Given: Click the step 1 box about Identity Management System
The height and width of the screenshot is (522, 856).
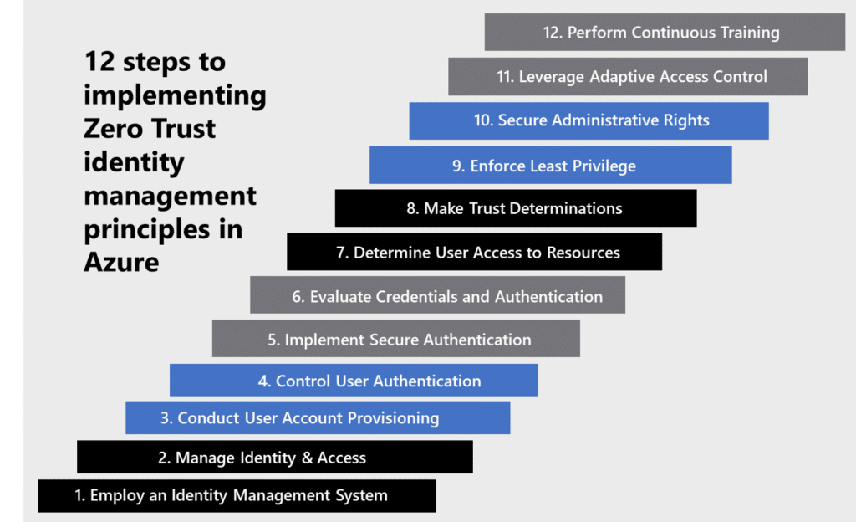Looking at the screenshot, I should tap(237, 495).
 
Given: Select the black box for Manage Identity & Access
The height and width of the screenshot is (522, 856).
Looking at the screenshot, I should tap(274, 458).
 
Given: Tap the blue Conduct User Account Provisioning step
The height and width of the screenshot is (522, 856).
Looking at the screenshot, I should tap(318, 417).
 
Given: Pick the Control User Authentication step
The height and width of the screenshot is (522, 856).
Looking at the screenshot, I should tap(354, 381).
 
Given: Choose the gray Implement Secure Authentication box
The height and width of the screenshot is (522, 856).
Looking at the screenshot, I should tap(395, 340).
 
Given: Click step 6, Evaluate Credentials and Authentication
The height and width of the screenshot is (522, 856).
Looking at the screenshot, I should tap(437, 297).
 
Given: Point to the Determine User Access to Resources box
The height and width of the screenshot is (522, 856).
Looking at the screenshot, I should tap(474, 252).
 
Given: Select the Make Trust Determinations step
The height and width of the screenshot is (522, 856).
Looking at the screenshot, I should tap(515, 208).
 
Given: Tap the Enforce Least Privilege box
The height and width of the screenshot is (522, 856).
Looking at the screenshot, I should tap(550, 166).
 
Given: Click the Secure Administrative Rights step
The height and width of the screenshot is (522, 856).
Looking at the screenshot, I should tap(588, 120).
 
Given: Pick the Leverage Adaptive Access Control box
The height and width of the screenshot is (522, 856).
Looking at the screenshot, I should tap(627, 77).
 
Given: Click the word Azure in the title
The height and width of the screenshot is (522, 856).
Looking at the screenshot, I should tap(121, 263).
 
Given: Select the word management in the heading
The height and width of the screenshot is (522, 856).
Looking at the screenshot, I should tap(170, 196).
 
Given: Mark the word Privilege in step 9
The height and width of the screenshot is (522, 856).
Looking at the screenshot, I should tap(597, 166).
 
